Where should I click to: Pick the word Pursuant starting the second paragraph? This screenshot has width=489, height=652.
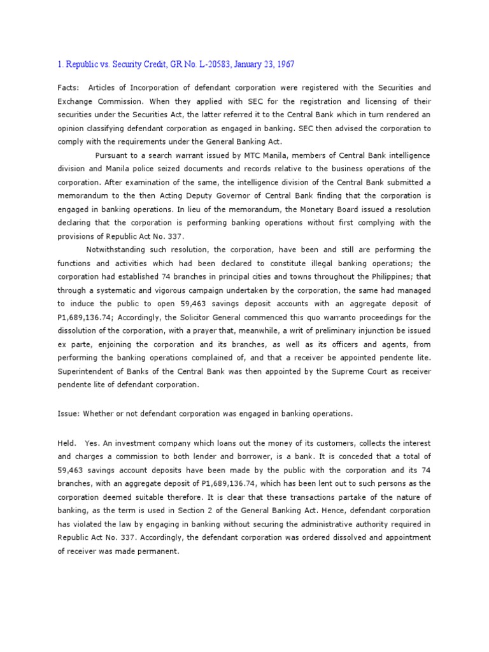tap(112, 155)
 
